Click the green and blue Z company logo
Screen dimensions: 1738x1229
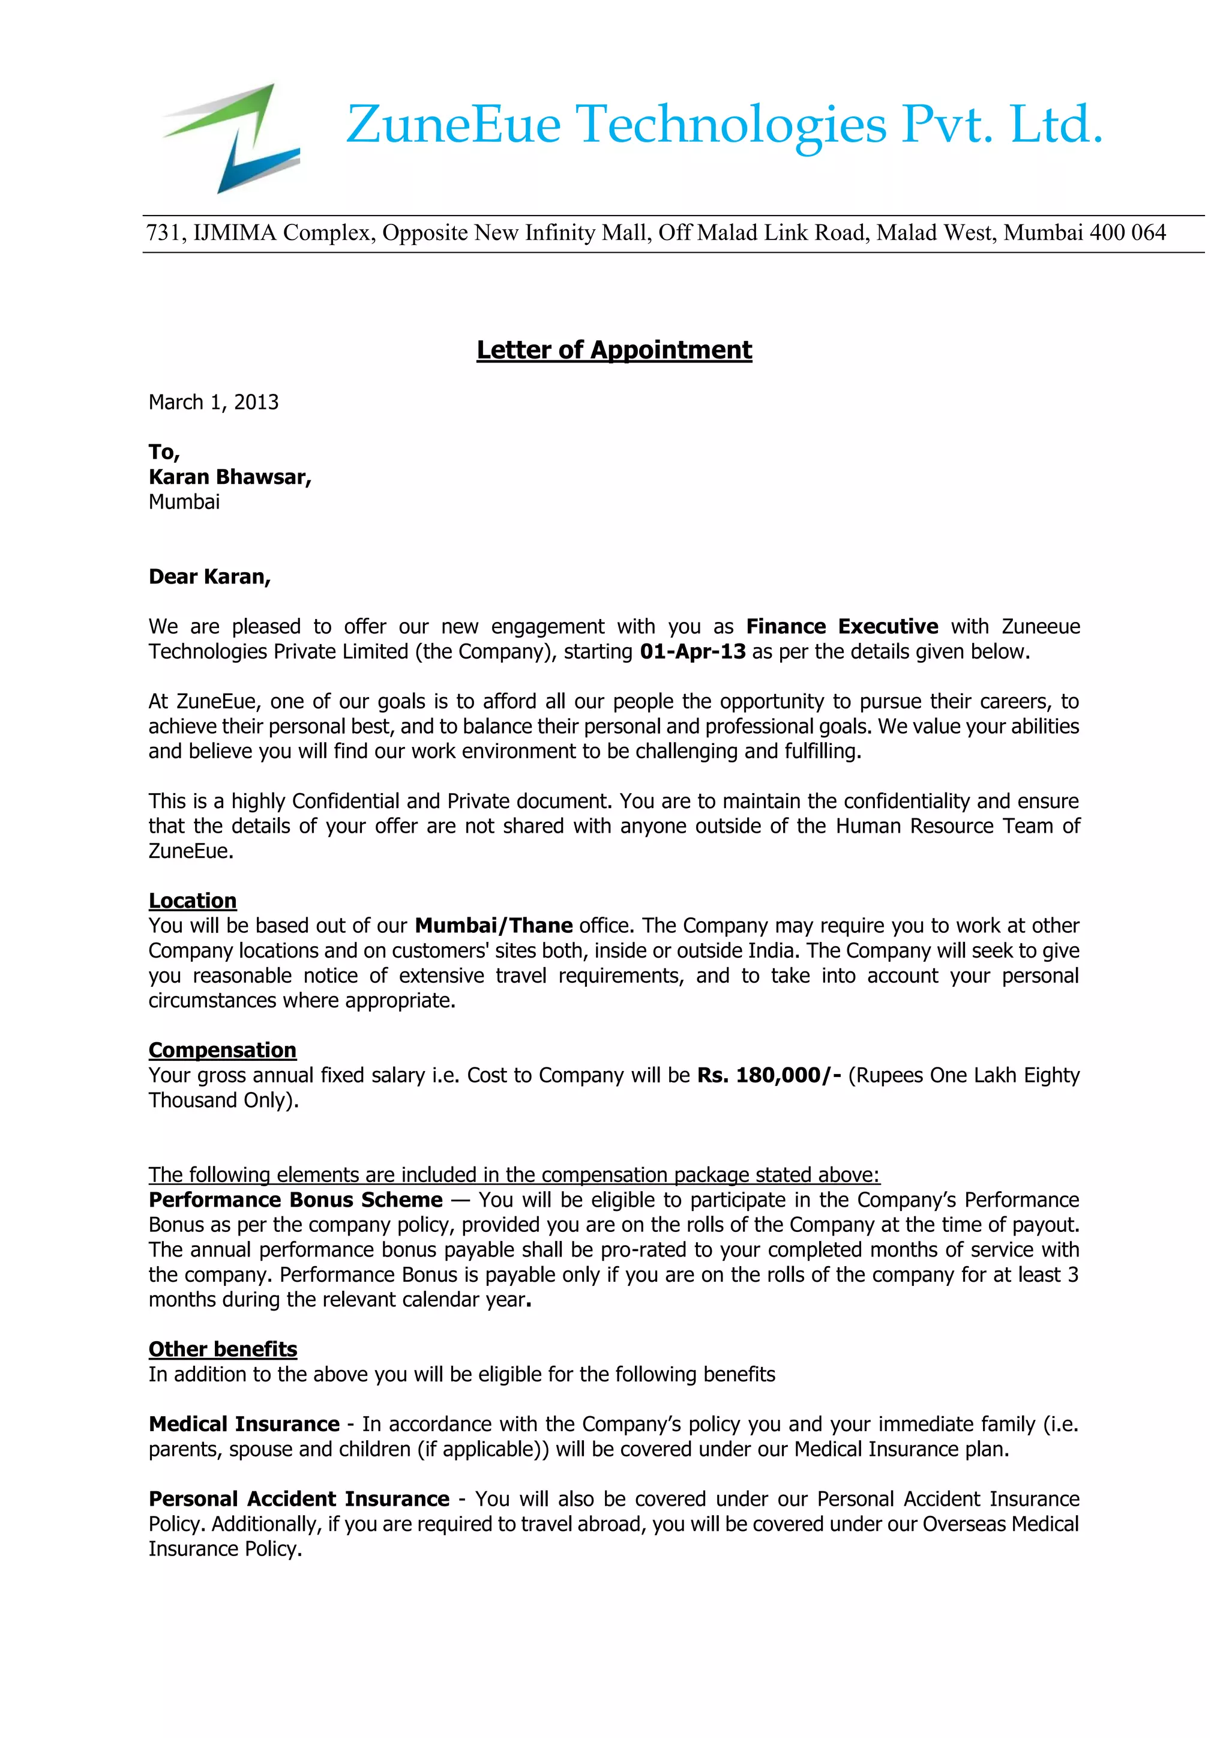click(x=231, y=139)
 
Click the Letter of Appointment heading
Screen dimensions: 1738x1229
click(x=614, y=350)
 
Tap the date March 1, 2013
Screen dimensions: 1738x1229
click(x=214, y=402)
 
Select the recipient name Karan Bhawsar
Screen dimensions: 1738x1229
click(x=229, y=477)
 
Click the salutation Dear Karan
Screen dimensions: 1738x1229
click(x=209, y=577)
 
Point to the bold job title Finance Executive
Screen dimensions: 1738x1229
click(x=841, y=627)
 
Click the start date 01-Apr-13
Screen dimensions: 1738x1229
click(x=693, y=652)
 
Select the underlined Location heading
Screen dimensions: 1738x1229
click(x=192, y=901)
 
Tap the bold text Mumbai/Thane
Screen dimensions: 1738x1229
click(x=493, y=926)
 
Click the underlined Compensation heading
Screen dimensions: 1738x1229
click(x=223, y=1050)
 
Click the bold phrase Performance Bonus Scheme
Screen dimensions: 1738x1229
click(x=295, y=1200)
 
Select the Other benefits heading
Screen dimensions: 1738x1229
click(x=223, y=1349)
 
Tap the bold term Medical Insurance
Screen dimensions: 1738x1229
click(x=244, y=1424)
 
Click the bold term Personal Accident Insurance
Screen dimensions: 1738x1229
click(x=299, y=1499)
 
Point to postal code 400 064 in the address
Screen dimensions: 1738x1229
click(x=1128, y=233)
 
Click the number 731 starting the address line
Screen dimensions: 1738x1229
click(x=163, y=233)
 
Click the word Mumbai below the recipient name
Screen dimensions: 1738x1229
click(x=184, y=502)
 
